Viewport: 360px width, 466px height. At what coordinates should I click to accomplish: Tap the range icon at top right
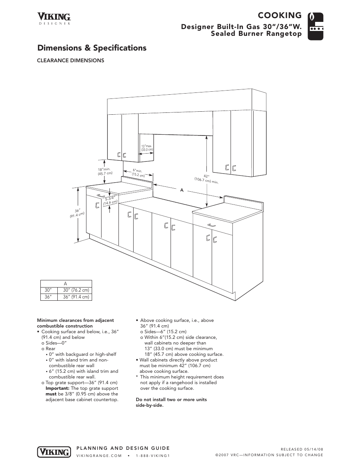coord(315,26)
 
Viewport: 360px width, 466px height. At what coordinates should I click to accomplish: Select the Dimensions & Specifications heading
coord(92,48)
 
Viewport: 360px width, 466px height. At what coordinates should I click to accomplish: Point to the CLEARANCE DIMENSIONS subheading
coord(70,60)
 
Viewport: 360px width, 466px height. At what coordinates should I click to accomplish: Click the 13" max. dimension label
coord(147,148)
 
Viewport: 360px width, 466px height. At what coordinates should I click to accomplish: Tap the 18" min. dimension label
coord(105,171)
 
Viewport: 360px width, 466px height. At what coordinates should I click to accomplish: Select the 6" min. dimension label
coord(138,173)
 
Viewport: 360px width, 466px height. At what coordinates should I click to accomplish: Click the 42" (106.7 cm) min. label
coord(206,179)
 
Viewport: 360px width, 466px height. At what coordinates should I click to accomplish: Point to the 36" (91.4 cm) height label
coord(76,214)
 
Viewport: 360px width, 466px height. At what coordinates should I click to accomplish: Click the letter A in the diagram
coord(182,190)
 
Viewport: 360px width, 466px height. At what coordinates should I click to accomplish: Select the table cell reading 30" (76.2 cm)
coord(76,290)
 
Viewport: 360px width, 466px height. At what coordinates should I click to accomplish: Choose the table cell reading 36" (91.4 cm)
coord(76,297)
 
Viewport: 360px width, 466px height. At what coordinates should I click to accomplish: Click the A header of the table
coord(66,284)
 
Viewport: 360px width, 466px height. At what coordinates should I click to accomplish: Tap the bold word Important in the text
coord(57,388)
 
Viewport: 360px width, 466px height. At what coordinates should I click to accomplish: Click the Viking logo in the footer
coord(54,452)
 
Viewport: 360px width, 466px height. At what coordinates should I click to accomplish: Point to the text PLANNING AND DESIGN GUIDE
coord(123,448)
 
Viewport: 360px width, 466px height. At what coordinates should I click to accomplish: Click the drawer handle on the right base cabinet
coord(212,225)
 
